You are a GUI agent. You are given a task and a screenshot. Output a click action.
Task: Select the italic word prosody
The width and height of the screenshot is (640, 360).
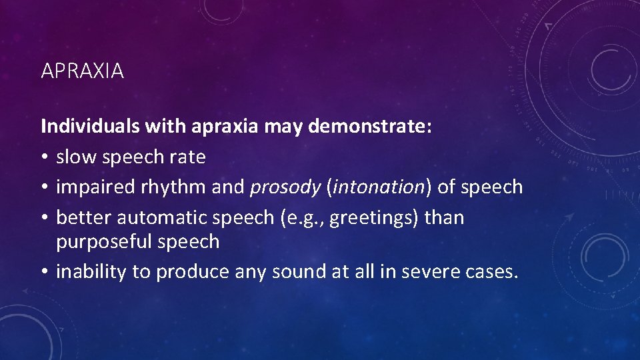point(285,187)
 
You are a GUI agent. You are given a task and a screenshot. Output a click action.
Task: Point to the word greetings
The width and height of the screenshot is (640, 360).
point(364,218)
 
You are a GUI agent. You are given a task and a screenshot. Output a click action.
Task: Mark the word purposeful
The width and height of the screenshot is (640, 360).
point(104,241)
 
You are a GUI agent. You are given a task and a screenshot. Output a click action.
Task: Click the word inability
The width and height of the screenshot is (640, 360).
point(86,271)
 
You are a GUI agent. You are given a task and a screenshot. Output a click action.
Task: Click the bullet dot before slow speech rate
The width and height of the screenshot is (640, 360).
point(45,158)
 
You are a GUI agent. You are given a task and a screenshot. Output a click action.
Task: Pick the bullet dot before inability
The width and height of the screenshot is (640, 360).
point(45,272)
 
